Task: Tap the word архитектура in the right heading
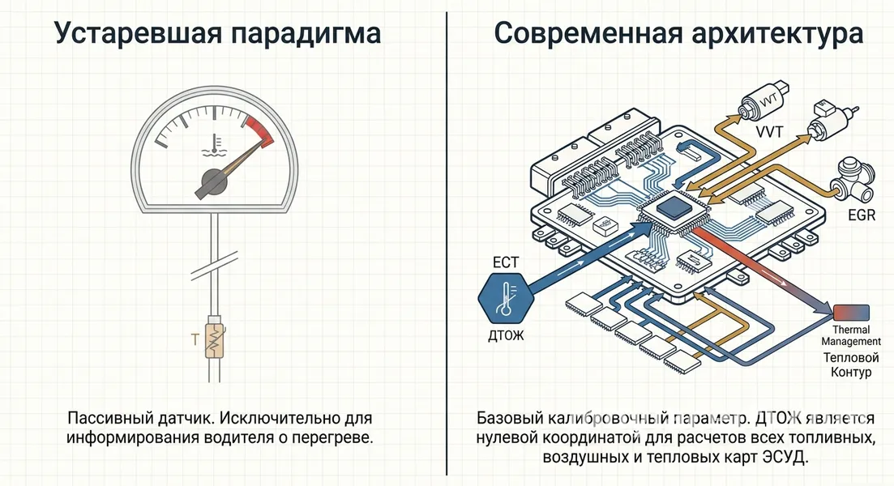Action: click(777, 34)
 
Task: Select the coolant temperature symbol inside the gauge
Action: click(214, 145)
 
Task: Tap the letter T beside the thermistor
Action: click(195, 339)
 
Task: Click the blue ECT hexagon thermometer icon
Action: click(506, 298)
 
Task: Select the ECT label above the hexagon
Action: click(506, 262)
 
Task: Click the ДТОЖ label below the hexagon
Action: click(506, 335)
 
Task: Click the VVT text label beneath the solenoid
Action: click(769, 132)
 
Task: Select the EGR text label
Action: click(862, 215)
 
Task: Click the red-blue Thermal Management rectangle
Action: click(851, 313)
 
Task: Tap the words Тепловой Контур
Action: click(851, 364)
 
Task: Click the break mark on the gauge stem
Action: click(214, 266)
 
